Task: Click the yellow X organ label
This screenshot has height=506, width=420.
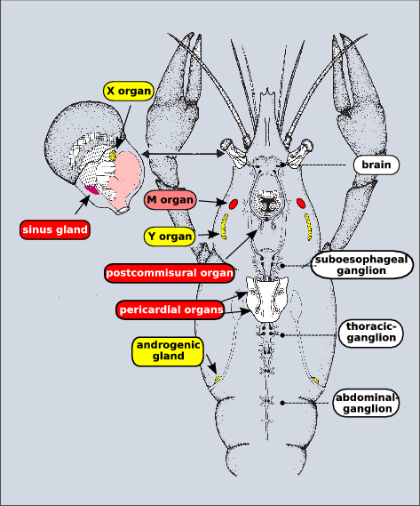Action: coord(129,90)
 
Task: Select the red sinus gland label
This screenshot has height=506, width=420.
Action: coord(56,229)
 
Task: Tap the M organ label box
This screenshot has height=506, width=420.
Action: coord(169,201)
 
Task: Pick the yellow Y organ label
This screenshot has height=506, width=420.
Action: coord(169,237)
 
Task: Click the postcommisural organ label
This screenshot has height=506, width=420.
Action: coord(169,272)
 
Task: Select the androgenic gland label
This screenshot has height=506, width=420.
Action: coord(167,350)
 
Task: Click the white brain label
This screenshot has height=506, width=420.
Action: coord(377,165)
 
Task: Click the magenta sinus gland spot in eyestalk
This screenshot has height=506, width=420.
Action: coord(91,189)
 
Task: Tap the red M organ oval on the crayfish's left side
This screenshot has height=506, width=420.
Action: coord(301,204)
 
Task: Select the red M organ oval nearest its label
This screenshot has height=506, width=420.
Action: coord(234,205)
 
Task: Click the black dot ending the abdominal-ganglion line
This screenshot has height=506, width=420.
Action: coord(282,403)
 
